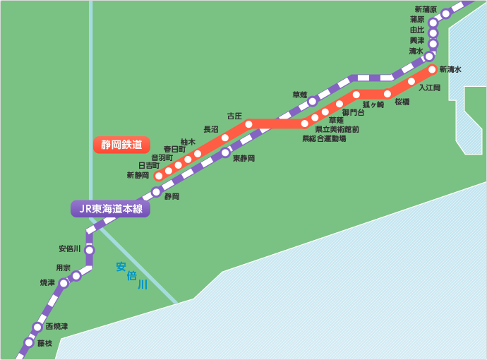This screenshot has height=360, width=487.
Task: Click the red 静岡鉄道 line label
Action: coord(121,145)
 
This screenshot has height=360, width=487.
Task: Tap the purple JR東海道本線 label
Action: coord(110,209)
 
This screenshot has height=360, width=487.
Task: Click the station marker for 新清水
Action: coord(433,69)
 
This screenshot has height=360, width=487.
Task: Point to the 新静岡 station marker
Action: coord(159,176)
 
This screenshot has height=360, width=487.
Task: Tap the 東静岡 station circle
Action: coord(225,152)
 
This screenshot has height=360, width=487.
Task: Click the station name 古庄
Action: coord(234,116)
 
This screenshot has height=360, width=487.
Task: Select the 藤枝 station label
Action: coord(45,342)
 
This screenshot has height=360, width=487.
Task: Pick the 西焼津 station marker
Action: coord(37,328)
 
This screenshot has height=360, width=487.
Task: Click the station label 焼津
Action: coord(47,282)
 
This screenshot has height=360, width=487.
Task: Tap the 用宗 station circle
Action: coord(76,276)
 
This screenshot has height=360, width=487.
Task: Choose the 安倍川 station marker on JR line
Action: coord(90,250)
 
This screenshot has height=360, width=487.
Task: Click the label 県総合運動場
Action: coord(324,139)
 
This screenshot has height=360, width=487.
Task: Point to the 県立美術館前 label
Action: coord(337,130)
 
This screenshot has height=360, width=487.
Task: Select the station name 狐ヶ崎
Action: coord(373,104)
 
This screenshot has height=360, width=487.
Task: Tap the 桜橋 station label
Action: coord(402,102)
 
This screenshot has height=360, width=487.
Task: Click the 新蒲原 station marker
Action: coord(446,13)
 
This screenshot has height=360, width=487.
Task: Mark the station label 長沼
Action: coord(210,129)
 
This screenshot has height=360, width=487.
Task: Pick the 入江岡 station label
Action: coord(429,88)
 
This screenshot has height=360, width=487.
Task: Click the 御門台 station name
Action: coord(353,112)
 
